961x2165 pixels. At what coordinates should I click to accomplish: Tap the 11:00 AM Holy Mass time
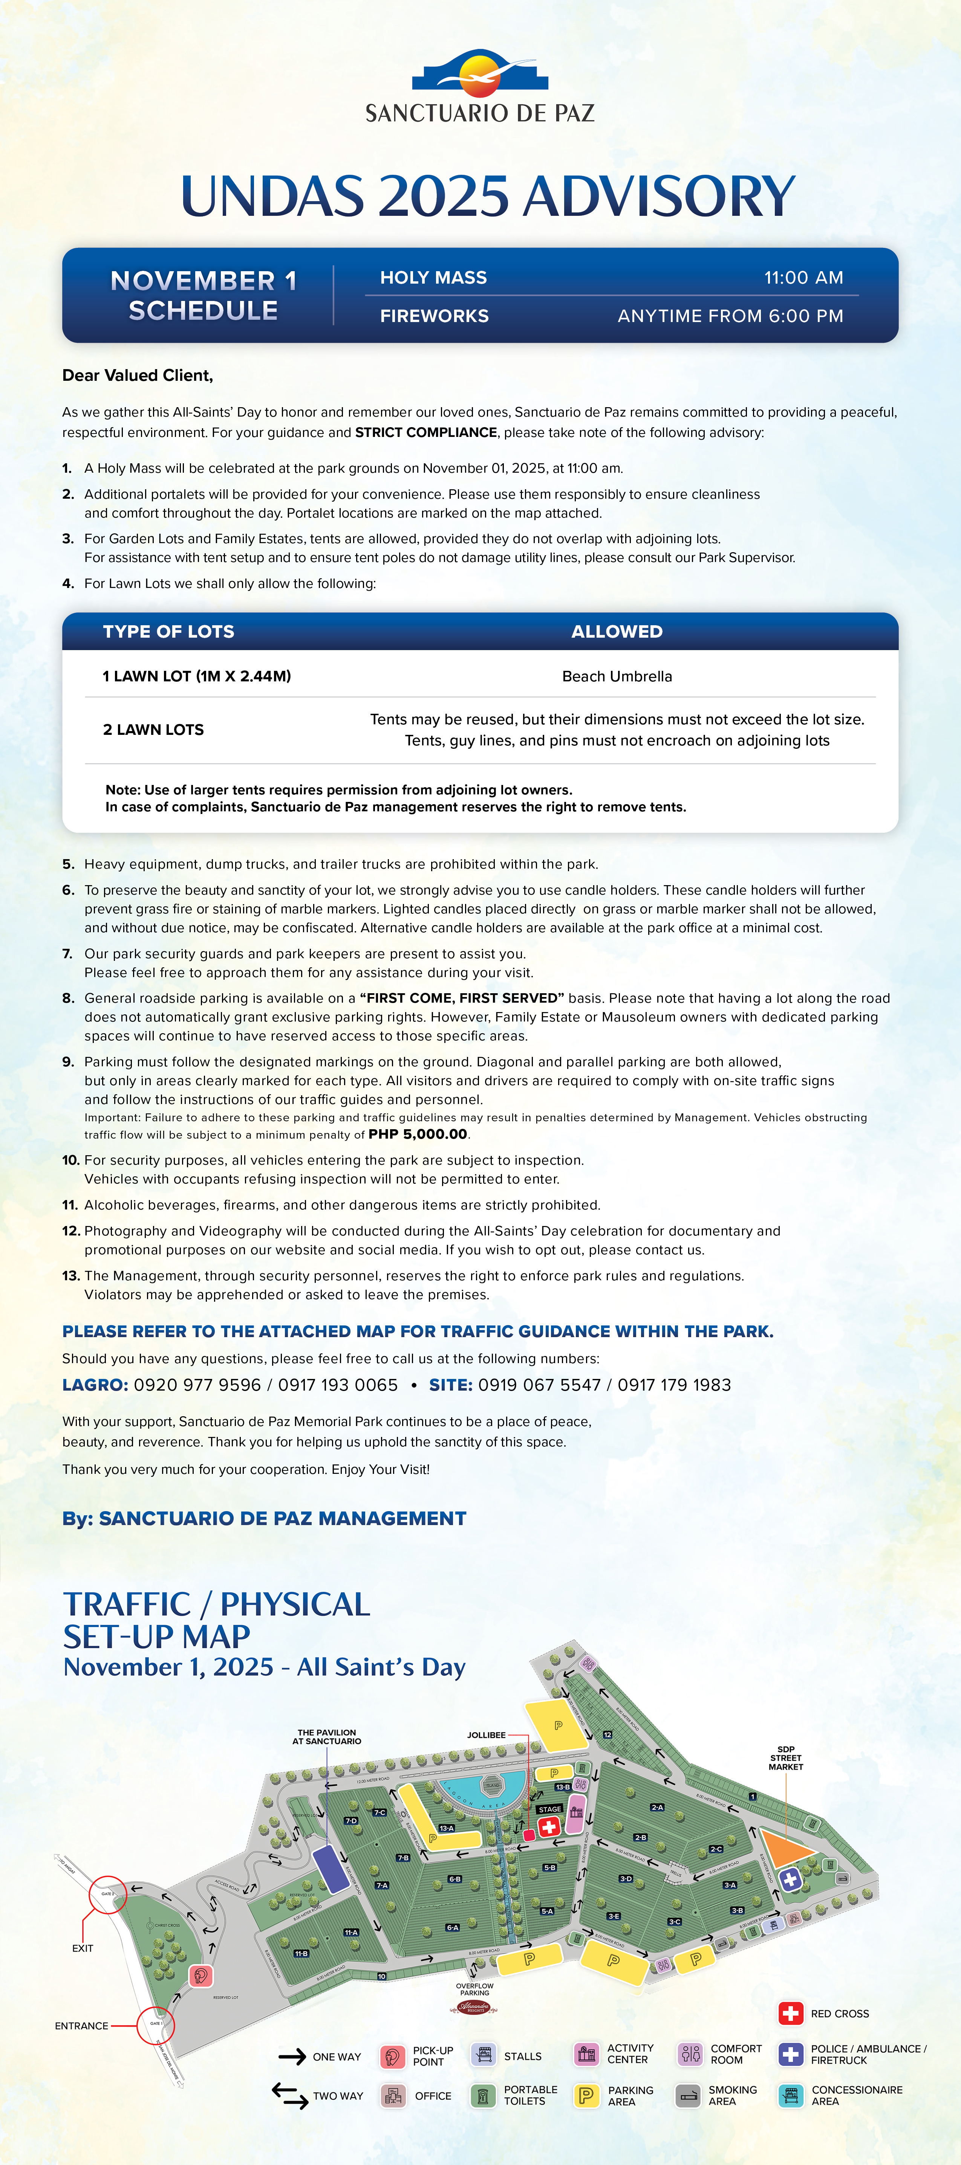tap(803, 277)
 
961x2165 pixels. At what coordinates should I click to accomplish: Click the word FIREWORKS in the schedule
tap(434, 316)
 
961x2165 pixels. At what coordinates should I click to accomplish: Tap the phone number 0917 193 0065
tap(338, 1385)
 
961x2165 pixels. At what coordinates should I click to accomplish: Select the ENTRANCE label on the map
tap(81, 2026)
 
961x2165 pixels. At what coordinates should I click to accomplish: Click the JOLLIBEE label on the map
tap(486, 1735)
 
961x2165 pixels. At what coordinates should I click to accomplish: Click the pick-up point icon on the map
tap(200, 1975)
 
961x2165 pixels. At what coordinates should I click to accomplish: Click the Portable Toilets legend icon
tap(483, 2095)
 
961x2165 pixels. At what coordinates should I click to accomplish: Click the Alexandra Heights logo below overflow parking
tap(475, 2008)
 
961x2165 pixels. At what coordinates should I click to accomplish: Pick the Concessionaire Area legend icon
tap(790, 2095)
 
